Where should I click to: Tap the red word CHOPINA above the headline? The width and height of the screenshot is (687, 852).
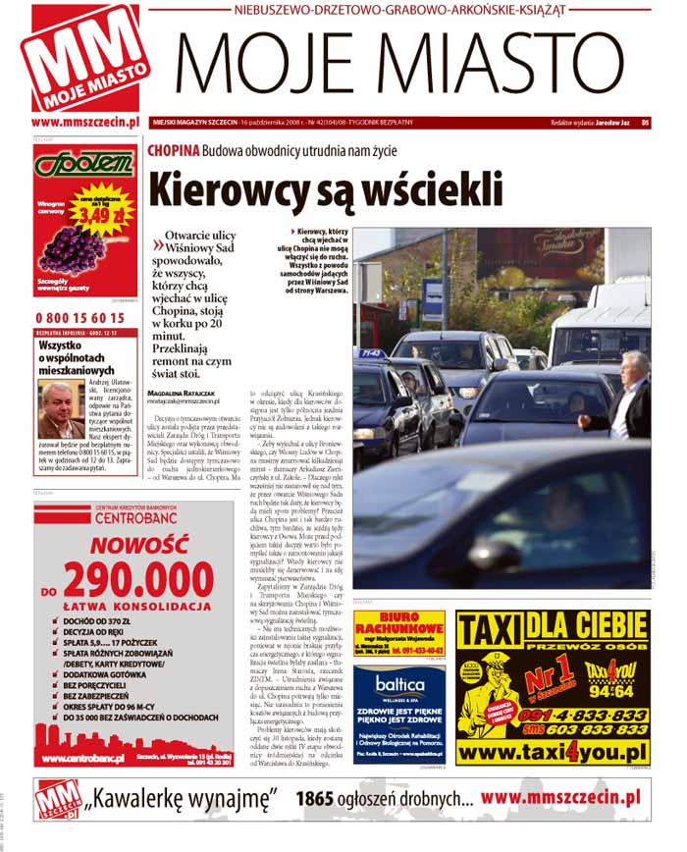click(x=173, y=150)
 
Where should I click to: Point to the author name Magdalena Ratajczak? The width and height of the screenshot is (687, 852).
click(x=183, y=393)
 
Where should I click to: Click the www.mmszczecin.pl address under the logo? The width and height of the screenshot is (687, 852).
click(x=83, y=123)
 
